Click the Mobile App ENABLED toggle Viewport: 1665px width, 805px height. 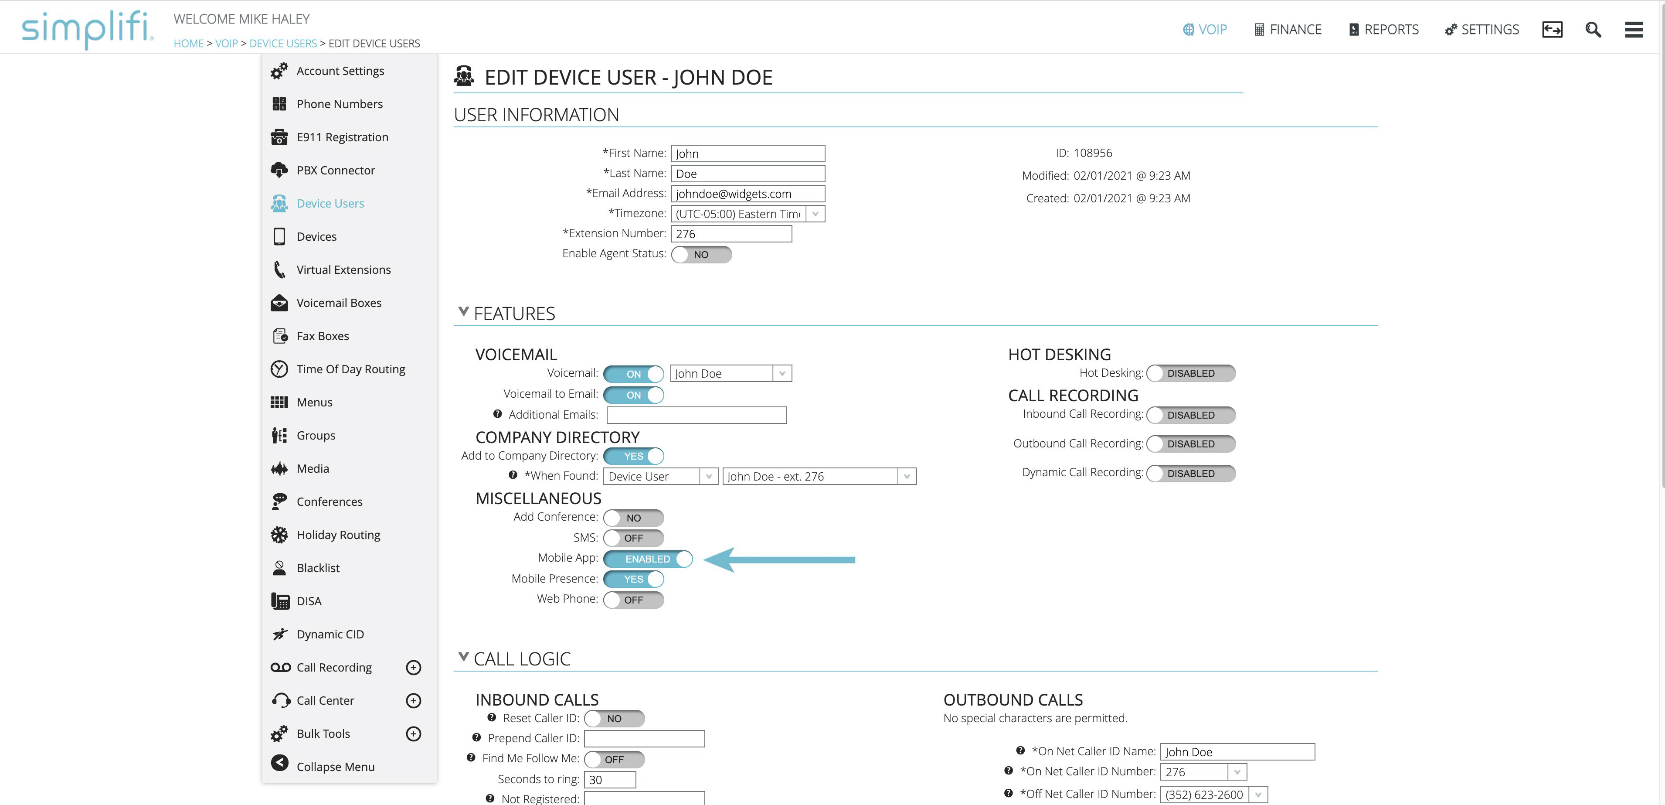pyautogui.click(x=648, y=559)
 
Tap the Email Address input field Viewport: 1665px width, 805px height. pyautogui.click(x=748, y=193)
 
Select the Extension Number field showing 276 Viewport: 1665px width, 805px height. pyautogui.click(x=731, y=233)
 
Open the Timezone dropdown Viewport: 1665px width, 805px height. pyautogui.click(x=748, y=213)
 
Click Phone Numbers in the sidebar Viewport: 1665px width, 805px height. pyautogui.click(x=340, y=104)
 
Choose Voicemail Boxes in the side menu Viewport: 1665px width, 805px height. pyautogui.click(x=339, y=303)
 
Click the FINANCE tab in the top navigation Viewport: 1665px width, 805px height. pyautogui.click(x=1288, y=30)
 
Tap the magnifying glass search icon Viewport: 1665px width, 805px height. pyautogui.click(x=1593, y=30)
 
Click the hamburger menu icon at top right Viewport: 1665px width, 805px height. pyautogui.click(x=1634, y=30)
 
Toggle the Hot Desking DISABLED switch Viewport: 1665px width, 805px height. pyautogui.click(x=1191, y=373)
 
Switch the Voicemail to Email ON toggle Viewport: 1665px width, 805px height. pyautogui.click(x=633, y=394)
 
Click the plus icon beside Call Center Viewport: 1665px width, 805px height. pyautogui.click(x=414, y=700)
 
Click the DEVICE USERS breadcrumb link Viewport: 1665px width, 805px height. pyautogui.click(x=283, y=43)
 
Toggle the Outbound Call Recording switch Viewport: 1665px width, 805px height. pyautogui.click(x=1191, y=443)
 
